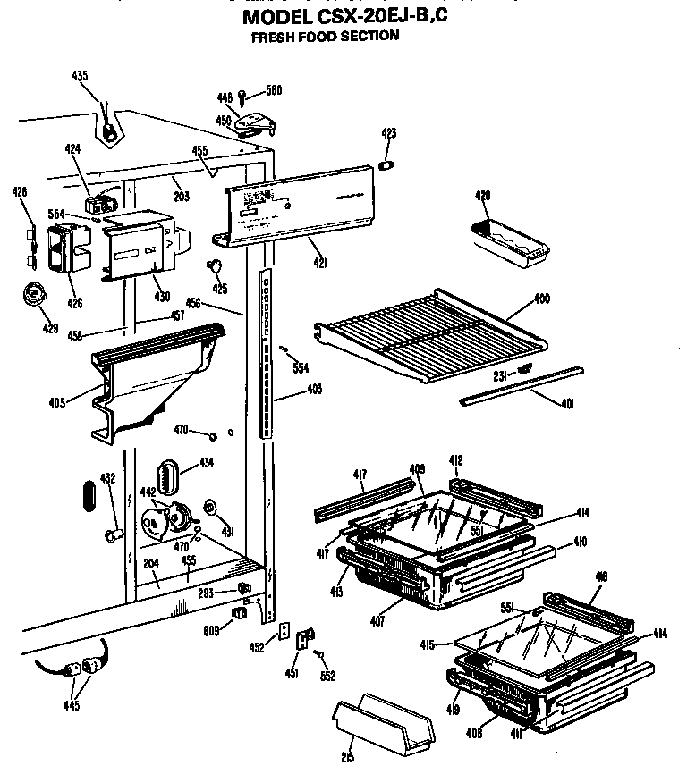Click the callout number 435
click(x=80, y=76)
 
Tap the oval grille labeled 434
click(x=168, y=473)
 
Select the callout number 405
click(x=58, y=401)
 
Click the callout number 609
click(x=211, y=629)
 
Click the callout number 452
click(x=258, y=647)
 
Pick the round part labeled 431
click(x=211, y=509)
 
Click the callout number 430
click(x=162, y=297)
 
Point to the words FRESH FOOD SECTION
click(x=325, y=37)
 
